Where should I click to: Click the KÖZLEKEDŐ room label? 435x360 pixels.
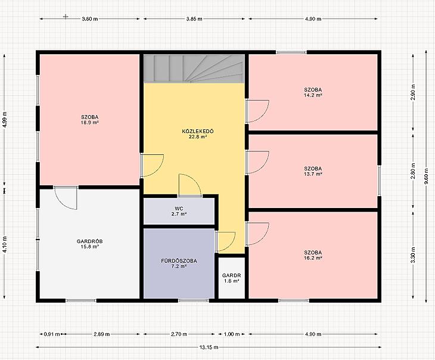[198, 131]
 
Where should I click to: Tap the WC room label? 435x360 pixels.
[179, 209]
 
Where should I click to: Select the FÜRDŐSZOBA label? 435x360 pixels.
[179, 261]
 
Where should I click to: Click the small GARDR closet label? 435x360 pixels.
[231, 275]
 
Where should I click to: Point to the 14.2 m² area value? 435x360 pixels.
[313, 95]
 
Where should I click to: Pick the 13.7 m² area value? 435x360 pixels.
[313, 174]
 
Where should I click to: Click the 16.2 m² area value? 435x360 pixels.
[313, 258]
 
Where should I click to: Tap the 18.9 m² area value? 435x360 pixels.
[90, 122]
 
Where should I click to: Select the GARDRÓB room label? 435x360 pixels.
[89, 241]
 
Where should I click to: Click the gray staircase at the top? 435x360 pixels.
[194, 69]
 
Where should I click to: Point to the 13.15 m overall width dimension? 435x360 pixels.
[209, 347]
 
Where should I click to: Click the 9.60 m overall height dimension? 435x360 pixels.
[427, 176]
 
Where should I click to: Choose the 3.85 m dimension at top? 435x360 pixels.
[194, 19]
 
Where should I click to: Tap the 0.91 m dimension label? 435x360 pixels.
[52, 334]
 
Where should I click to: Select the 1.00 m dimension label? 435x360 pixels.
[232, 334]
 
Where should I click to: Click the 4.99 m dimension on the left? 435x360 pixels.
[4, 120]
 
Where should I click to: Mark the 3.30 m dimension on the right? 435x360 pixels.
[413, 255]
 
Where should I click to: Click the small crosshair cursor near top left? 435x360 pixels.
[66, 17]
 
